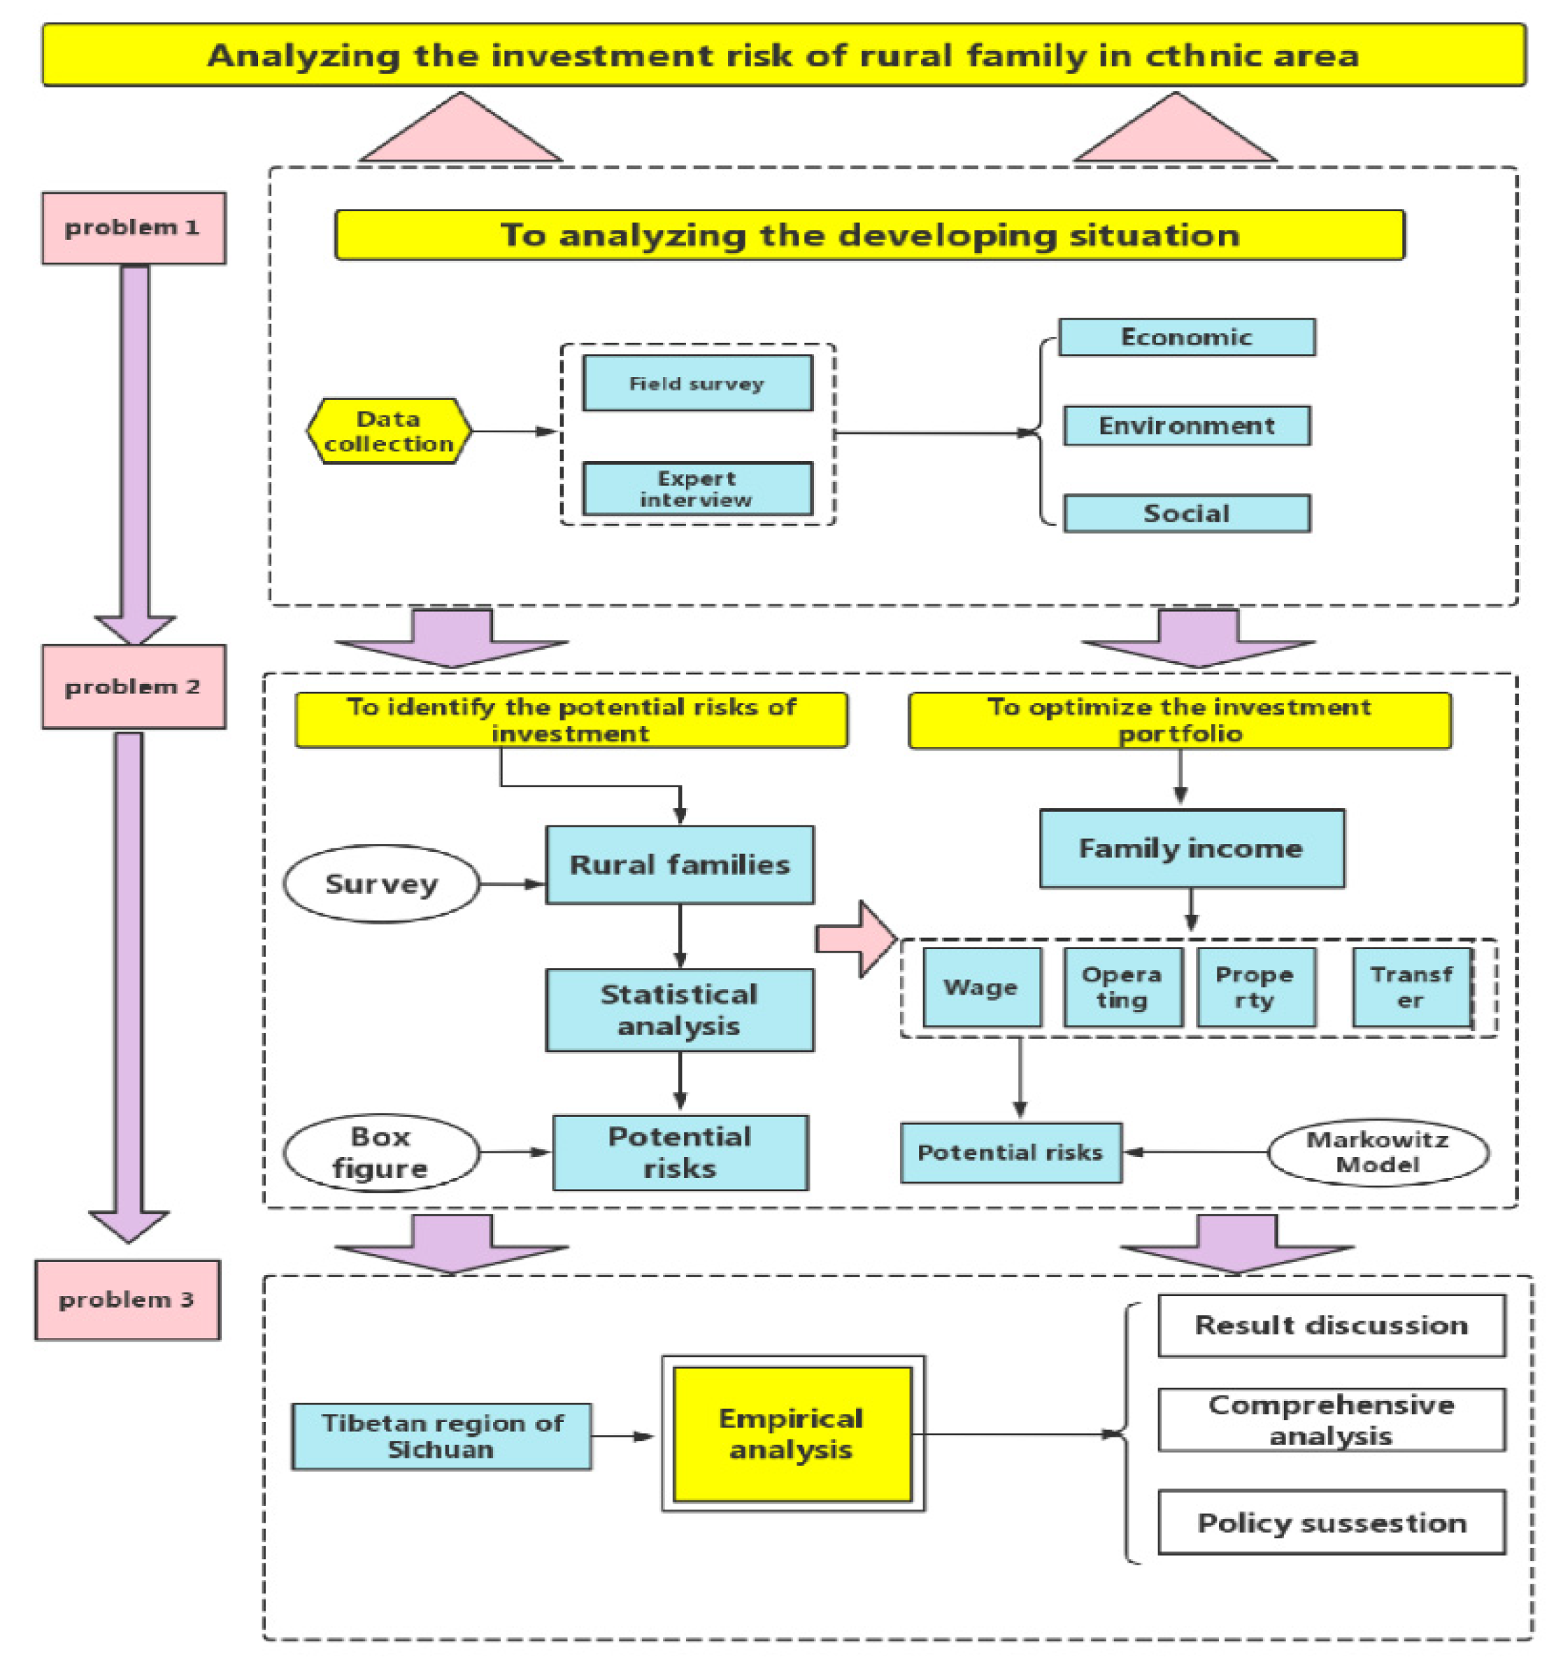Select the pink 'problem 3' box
(x=127, y=1299)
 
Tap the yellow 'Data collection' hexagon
(x=388, y=431)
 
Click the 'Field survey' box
(x=697, y=383)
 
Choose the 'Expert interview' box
(x=697, y=489)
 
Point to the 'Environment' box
(x=1186, y=425)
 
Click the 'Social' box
(x=1186, y=513)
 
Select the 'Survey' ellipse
(x=381, y=884)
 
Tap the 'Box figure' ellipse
(x=381, y=1153)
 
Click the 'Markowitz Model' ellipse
(x=1377, y=1153)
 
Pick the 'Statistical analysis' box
(x=679, y=1009)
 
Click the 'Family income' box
(x=1191, y=848)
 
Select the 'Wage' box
(x=981, y=987)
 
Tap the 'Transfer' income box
(x=1411, y=987)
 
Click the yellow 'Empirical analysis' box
(x=791, y=1434)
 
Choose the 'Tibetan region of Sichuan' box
(x=441, y=1437)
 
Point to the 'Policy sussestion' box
(x=1331, y=1523)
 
